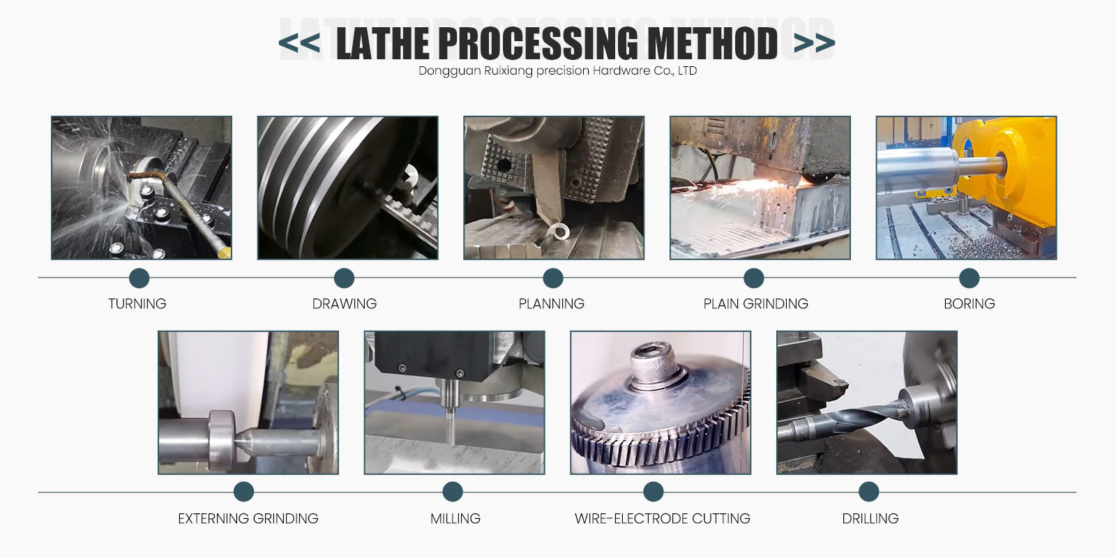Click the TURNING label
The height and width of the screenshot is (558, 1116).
(137, 303)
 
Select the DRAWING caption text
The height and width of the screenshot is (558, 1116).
(345, 303)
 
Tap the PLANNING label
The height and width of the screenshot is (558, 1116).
(552, 303)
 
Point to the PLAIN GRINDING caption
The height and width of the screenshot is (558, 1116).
(756, 303)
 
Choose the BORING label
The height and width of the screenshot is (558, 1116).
(969, 303)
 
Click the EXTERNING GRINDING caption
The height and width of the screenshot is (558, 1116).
(248, 519)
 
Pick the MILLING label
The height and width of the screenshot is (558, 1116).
(455, 519)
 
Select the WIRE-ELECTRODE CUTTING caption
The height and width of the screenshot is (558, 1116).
(662, 519)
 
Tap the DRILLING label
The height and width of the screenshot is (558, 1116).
(870, 519)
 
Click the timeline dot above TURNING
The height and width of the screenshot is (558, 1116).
(139, 278)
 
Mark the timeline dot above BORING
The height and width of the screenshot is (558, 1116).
(969, 278)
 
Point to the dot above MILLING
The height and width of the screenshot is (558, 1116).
(453, 492)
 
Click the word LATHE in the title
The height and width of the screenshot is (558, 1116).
(383, 43)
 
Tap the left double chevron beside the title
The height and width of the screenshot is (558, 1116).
(299, 43)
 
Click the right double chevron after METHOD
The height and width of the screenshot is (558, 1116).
(814, 43)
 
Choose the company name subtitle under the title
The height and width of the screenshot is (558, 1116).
(557, 70)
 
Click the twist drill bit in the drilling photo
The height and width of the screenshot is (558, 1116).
(847, 419)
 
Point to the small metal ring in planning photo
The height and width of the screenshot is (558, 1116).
(559, 231)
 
